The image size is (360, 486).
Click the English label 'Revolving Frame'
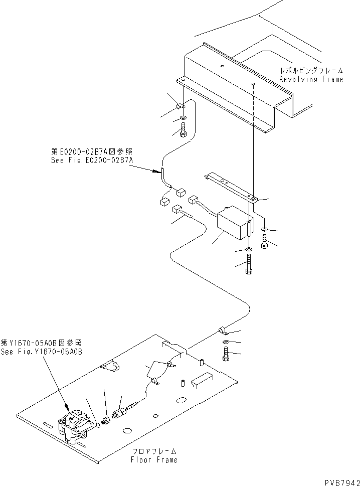(x=311, y=79)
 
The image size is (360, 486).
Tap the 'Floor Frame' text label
(x=153, y=459)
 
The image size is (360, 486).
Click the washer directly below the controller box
(x=249, y=249)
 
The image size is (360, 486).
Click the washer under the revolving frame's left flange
(x=183, y=118)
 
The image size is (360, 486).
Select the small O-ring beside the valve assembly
(x=98, y=426)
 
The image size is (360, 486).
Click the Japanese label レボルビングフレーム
(x=311, y=71)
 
